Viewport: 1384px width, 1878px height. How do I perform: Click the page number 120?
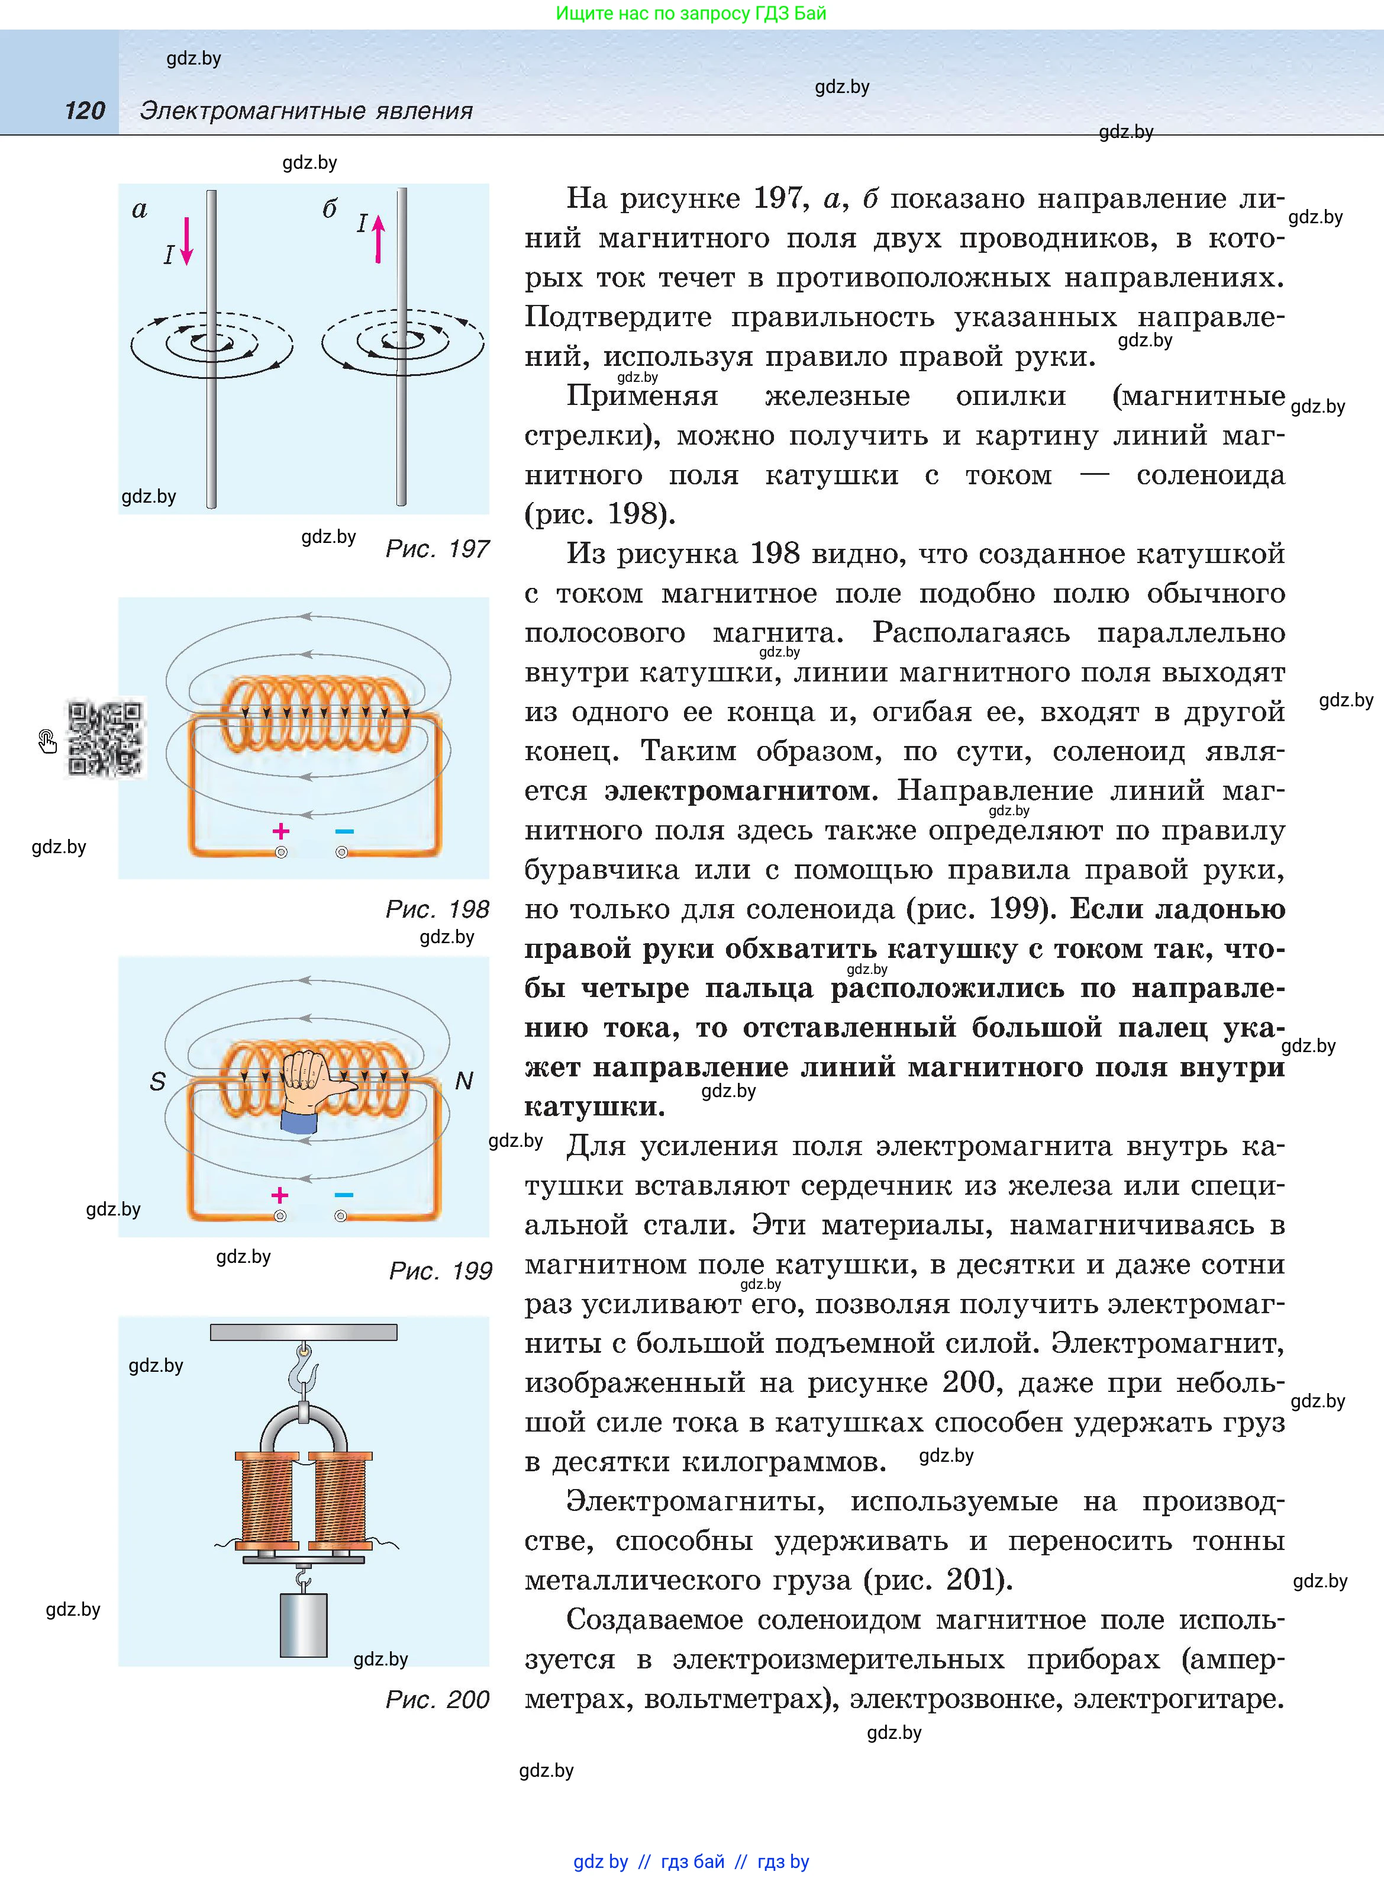[x=85, y=111]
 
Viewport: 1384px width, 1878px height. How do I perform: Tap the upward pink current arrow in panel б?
[x=378, y=238]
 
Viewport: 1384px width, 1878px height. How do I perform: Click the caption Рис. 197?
[x=437, y=549]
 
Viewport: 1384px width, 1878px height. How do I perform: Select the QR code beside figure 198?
[x=105, y=738]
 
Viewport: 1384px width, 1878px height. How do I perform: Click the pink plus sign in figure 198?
[x=280, y=831]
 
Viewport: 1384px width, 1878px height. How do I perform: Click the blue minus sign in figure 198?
[x=344, y=831]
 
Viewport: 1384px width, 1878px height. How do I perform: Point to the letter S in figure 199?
[x=157, y=1082]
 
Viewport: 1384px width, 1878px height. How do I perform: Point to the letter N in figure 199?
[x=463, y=1081]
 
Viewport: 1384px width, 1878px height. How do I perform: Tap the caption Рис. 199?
[x=440, y=1271]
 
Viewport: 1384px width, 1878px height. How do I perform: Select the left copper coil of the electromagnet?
[x=266, y=1500]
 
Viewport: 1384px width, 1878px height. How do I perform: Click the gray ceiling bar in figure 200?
[x=304, y=1332]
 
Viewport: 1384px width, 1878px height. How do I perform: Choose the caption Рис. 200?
[x=437, y=1700]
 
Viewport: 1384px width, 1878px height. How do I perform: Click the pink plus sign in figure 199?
[x=280, y=1195]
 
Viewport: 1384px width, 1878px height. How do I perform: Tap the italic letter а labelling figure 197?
[x=140, y=210]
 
